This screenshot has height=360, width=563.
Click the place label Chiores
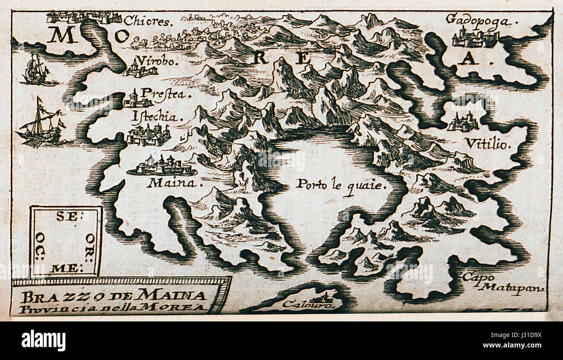(148, 20)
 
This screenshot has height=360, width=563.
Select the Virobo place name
(156, 61)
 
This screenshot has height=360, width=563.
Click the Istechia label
(155, 117)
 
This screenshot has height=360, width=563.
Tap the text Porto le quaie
(340, 185)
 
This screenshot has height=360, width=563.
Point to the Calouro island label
(308, 305)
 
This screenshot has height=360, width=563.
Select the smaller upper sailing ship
(36, 70)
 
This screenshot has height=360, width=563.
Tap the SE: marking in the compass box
(67, 217)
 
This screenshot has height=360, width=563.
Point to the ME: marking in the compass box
(65, 269)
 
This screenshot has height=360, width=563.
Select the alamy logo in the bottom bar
(43, 341)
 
